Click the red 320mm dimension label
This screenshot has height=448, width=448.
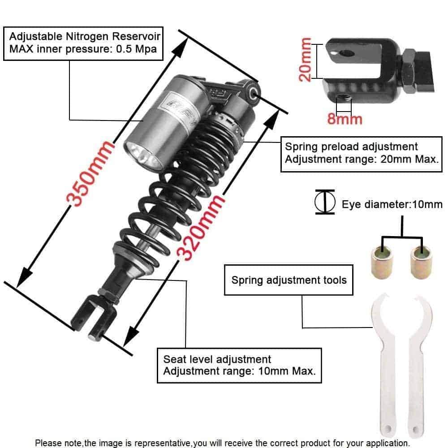[200, 227]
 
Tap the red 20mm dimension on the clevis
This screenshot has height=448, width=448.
[305, 60]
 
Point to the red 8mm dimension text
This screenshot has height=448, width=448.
[345, 119]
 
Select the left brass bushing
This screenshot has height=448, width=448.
[382, 262]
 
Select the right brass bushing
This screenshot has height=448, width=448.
[421, 262]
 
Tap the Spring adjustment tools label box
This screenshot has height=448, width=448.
[289, 280]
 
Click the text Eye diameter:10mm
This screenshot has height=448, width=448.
[392, 204]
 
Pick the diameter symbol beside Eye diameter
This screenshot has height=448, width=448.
[325, 202]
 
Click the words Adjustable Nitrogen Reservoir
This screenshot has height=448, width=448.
[85, 36]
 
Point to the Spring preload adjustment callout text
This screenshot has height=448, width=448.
[362, 153]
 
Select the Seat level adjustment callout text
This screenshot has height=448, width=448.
[239, 365]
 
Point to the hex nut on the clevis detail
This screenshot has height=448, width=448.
[409, 71]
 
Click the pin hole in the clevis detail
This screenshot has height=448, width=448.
[347, 53]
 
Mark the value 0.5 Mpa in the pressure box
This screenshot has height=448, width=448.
[137, 49]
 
